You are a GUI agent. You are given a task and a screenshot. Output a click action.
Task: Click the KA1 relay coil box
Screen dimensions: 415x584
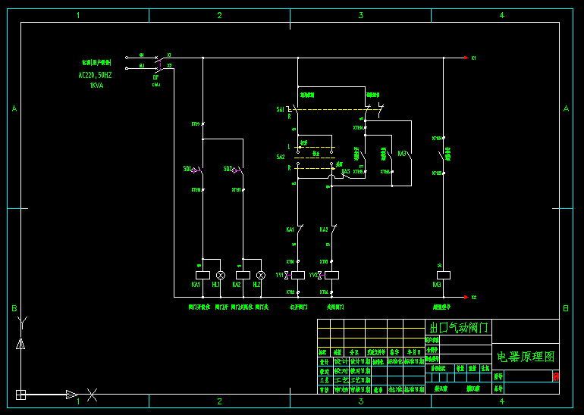[x=203, y=275]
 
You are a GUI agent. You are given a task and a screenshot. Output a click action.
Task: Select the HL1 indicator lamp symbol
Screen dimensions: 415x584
[x=221, y=275]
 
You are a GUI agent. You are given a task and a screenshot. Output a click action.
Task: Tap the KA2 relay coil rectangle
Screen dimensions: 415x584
[x=243, y=275]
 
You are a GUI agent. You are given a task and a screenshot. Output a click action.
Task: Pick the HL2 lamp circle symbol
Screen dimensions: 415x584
[x=261, y=275]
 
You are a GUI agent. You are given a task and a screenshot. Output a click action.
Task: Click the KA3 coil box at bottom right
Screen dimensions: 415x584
[x=444, y=275]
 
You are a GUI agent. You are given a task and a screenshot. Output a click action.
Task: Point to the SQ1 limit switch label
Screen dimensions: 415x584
[x=187, y=169]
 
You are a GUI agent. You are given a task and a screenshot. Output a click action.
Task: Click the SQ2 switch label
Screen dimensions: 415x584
[x=228, y=169]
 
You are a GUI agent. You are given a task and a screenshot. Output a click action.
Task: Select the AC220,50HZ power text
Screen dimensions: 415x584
[x=95, y=76]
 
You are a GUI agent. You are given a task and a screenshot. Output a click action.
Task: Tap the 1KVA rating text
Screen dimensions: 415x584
[x=96, y=86]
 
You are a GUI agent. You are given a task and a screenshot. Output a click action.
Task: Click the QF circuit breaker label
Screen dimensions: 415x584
[x=155, y=76]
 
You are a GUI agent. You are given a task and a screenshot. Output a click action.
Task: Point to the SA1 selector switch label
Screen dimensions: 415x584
[x=281, y=110]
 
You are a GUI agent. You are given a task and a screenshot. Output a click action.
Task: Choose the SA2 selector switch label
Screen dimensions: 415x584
[x=281, y=157]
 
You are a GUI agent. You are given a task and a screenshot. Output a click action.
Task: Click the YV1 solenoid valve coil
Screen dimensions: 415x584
[x=298, y=275]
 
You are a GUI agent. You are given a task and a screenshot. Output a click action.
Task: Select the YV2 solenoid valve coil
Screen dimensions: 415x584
[x=331, y=275]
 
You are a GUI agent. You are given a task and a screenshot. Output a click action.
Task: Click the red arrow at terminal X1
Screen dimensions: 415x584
[x=466, y=58]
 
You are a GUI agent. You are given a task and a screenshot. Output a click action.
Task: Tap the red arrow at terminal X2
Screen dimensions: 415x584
[x=466, y=297]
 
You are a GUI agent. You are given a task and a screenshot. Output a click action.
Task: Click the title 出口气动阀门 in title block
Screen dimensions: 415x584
[x=460, y=327]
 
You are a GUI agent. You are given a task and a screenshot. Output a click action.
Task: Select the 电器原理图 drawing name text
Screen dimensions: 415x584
[x=526, y=356]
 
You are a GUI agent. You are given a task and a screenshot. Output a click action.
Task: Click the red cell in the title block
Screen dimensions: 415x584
[x=556, y=376]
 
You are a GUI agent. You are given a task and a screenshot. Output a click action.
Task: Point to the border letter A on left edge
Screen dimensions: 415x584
[x=14, y=109]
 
